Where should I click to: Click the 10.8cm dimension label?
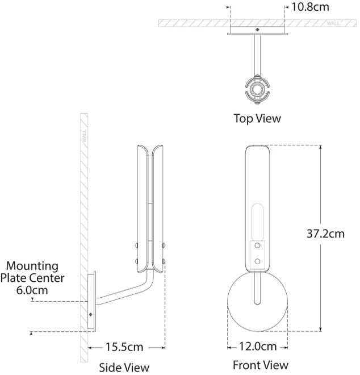[x=309, y=7]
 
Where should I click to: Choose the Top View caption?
[x=257, y=119]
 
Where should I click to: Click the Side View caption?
[x=124, y=367]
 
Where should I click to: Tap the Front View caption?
[x=260, y=365]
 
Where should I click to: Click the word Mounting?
[x=32, y=265]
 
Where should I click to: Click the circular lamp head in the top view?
[x=258, y=89]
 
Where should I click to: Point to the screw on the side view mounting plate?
[x=90, y=314]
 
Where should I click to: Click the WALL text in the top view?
[x=334, y=24]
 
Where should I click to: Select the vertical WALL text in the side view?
[x=85, y=137]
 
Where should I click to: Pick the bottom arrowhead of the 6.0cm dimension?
[x=32, y=333]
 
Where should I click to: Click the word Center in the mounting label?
[x=48, y=278]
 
